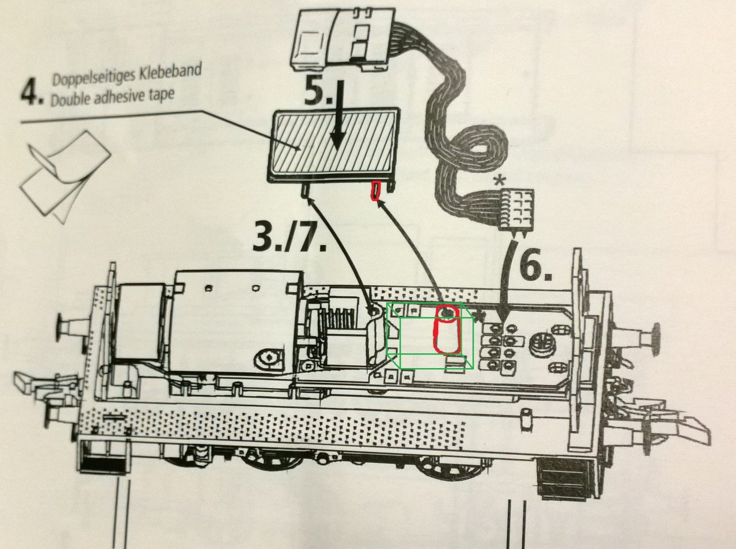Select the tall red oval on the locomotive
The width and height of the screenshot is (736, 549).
point(447,336)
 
